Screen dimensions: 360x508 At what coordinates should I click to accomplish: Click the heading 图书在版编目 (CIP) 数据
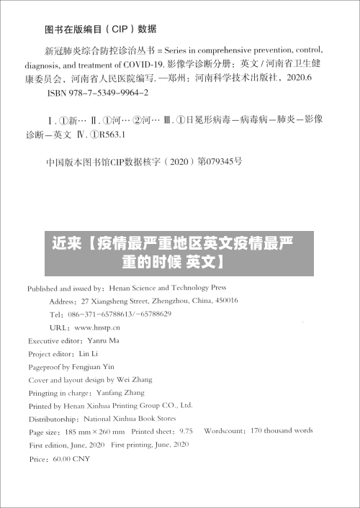(100, 30)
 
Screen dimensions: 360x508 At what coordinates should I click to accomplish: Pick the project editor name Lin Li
(88, 354)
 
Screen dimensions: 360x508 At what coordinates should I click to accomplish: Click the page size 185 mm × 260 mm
(94, 432)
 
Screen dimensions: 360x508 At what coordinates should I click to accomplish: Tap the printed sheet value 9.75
(186, 432)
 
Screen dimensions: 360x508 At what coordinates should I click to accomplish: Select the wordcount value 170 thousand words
(282, 431)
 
